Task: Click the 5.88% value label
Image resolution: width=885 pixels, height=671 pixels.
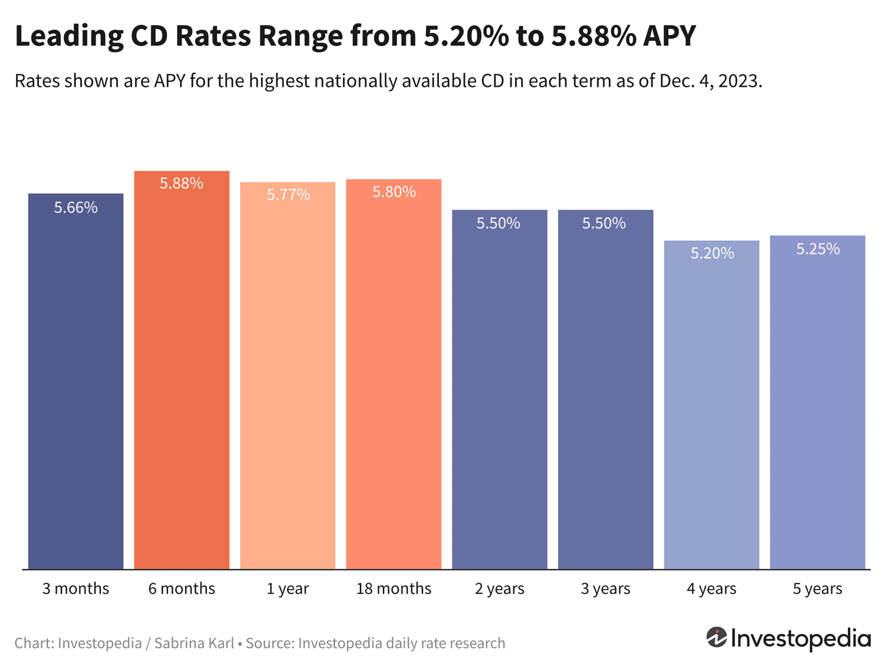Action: [182, 184]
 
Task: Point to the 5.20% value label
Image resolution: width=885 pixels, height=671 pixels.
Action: [712, 253]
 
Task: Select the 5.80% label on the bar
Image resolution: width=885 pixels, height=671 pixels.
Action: [394, 192]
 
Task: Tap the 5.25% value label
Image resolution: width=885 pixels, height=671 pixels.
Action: [818, 249]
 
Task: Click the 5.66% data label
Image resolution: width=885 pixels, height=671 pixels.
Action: [76, 207]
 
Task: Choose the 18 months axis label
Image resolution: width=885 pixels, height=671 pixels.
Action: [394, 588]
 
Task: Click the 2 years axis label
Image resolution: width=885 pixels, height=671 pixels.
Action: [499, 588]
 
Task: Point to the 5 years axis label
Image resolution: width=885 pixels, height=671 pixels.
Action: [817, 588]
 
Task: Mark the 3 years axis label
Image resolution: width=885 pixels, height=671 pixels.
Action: [605, 588]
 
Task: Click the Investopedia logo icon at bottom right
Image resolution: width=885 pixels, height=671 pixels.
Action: [717, 637]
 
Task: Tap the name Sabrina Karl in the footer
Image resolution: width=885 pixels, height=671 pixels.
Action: [194, 643]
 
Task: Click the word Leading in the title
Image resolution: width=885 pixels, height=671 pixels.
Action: [69, 36]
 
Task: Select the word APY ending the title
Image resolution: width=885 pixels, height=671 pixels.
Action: [669, 36]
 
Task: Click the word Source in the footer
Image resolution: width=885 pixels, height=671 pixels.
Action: [269, 643]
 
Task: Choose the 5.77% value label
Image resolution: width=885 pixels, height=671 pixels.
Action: [288, 195]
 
